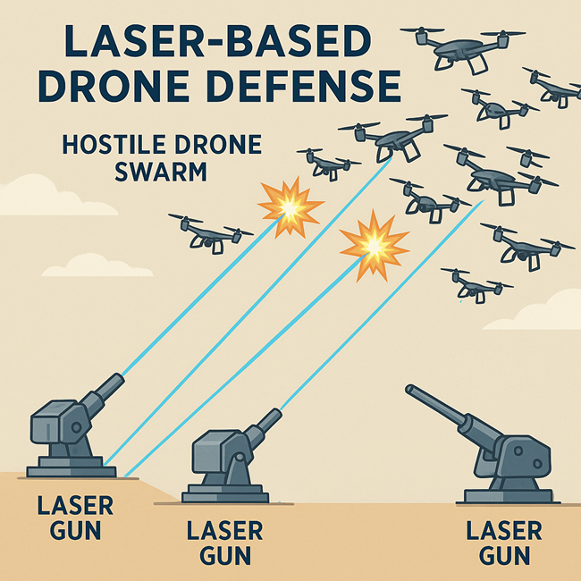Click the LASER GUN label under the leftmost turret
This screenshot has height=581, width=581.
pos(75,518)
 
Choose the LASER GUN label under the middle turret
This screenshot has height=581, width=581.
pos(224,542)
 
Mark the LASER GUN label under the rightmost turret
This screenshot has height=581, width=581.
pos(504,542)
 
